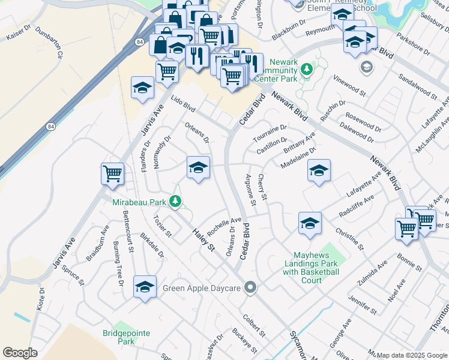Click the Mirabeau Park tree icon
175,202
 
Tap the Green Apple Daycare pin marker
250,288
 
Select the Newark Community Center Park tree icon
307,70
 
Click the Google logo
20,353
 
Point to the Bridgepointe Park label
126,337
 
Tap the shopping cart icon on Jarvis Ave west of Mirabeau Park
112,174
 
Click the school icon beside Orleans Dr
198,167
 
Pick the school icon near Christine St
310,223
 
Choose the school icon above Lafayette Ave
319,170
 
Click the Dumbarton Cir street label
50,43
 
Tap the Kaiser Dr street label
17,33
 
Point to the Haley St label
203,239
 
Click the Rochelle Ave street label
224,226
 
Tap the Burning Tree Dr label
118,263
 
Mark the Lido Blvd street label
182,104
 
